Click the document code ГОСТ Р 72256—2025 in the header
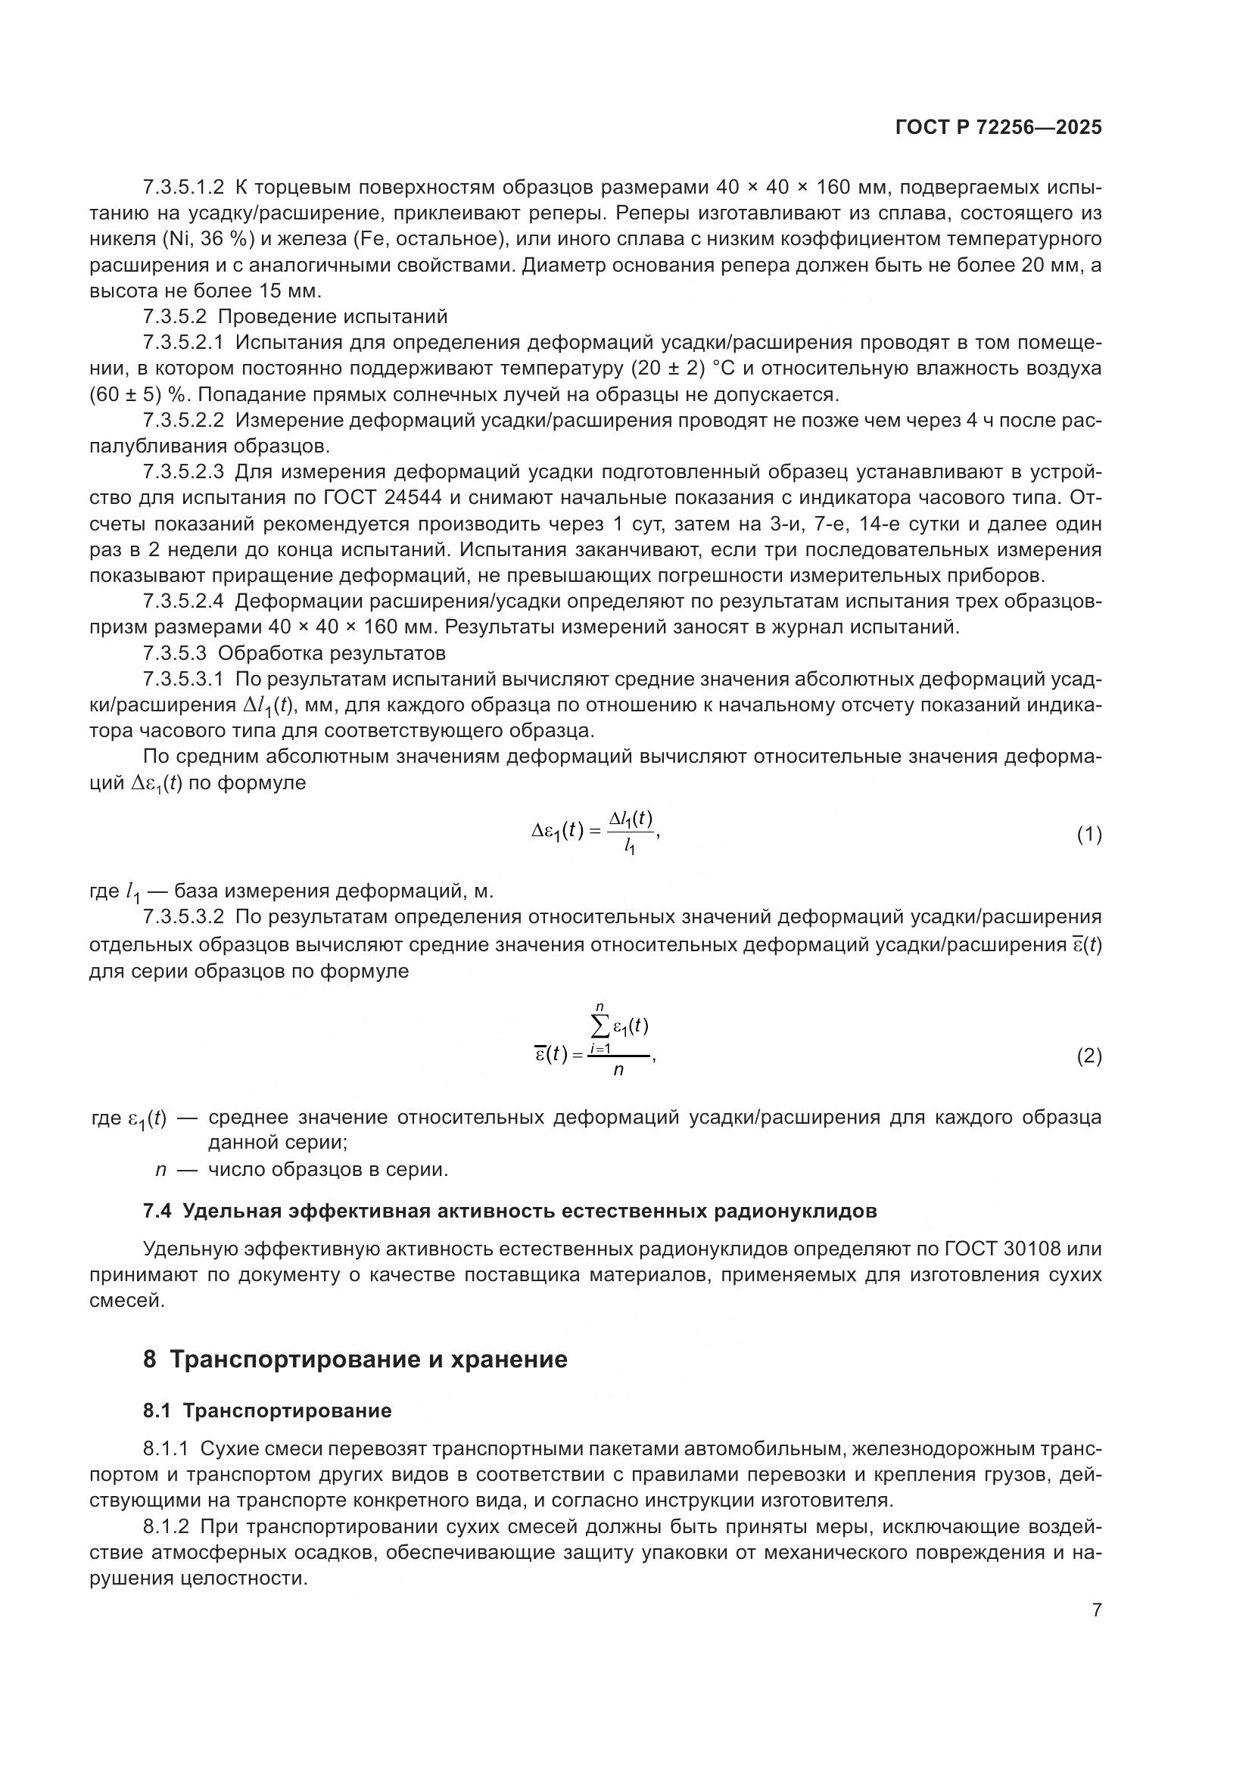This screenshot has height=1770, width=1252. (998, 128)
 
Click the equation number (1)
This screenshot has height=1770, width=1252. (1088, 834)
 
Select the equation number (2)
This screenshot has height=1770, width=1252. (1088, 1056)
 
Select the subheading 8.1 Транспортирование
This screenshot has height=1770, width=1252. (266, 1411)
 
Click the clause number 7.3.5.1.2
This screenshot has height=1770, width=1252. (183, 188)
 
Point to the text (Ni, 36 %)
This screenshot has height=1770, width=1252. (208, 239)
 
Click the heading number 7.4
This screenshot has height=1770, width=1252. (157, 1211)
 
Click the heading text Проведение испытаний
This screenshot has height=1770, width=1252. (332, 317)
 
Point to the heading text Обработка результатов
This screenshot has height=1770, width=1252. (332, 653)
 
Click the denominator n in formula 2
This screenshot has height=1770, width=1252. (618, 1070)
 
